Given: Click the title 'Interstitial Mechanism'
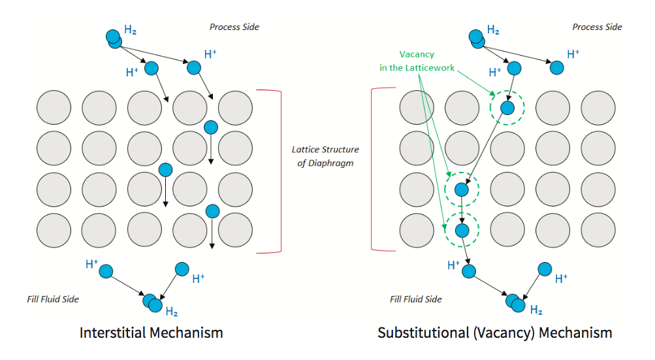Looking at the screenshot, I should pos(151,333).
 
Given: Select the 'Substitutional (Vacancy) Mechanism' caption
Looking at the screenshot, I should pos(494,333).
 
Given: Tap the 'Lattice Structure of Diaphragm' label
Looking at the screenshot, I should pos(325,156).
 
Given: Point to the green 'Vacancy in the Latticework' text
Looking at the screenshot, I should pos(417,61).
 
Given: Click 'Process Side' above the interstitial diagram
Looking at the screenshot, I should pos(234,27).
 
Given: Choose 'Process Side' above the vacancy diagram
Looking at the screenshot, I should pos(597,27).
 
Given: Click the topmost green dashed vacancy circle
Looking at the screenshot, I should pos(507,108).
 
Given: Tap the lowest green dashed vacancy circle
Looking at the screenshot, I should pos(462,231).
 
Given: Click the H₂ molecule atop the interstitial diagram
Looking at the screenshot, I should pos(114,39).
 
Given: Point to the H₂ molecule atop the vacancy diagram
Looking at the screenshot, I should pos(477,39).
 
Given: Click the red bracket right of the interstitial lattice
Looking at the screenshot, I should pos(280,171).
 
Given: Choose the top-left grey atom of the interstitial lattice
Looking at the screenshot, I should pos(54,108).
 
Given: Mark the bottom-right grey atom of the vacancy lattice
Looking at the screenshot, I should pos(598,231).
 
